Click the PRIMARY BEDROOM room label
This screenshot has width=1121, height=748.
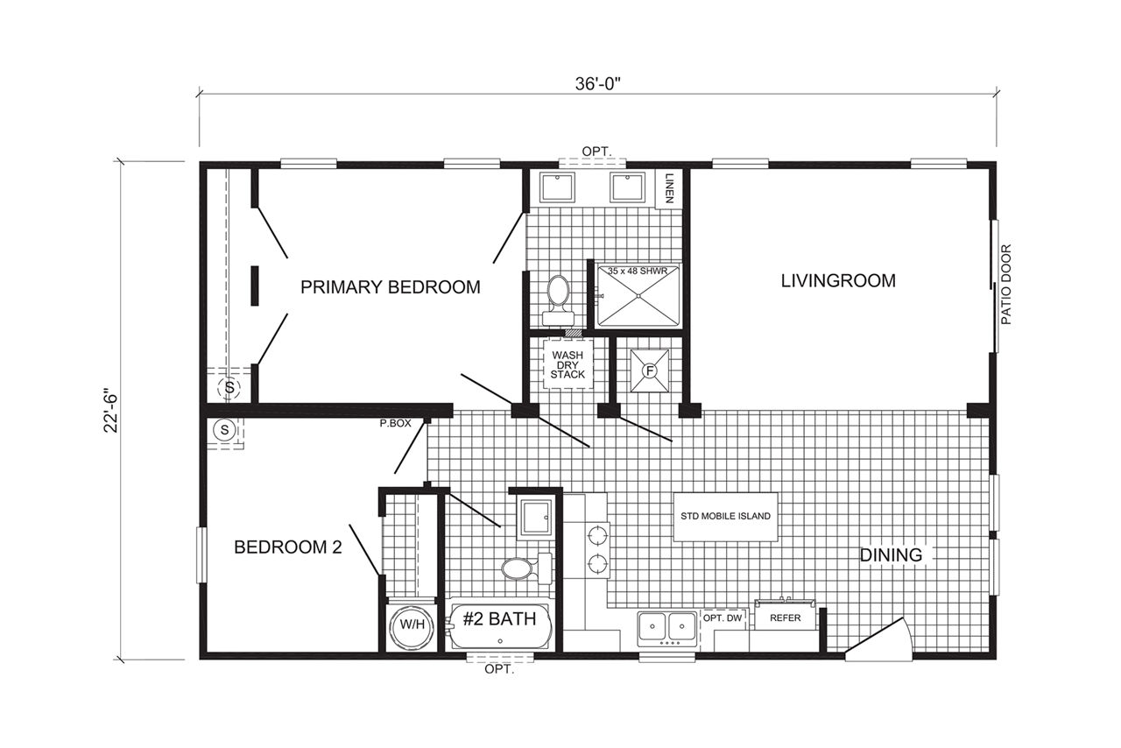(391, 287)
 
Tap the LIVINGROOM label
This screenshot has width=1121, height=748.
(838, 280)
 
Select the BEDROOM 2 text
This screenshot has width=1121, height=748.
(288, 547)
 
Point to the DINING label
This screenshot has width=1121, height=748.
(891, 554)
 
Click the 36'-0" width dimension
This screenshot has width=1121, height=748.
(597, 84)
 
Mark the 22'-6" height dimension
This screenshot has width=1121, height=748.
(110, 411)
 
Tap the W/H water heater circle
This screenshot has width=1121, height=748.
(412, 625)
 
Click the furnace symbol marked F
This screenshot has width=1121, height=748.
(650, 371)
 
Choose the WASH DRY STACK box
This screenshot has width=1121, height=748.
(568, 364)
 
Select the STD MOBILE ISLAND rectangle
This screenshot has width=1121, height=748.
(726, 517)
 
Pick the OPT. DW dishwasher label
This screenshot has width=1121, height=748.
(723, 618)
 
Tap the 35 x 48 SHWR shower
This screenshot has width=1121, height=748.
(638, 295)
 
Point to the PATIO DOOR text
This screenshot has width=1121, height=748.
(1006, 285)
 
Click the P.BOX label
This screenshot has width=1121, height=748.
(395, 424)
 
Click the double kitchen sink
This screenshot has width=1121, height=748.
(667, 628)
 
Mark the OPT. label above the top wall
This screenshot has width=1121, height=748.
(597, 152)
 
